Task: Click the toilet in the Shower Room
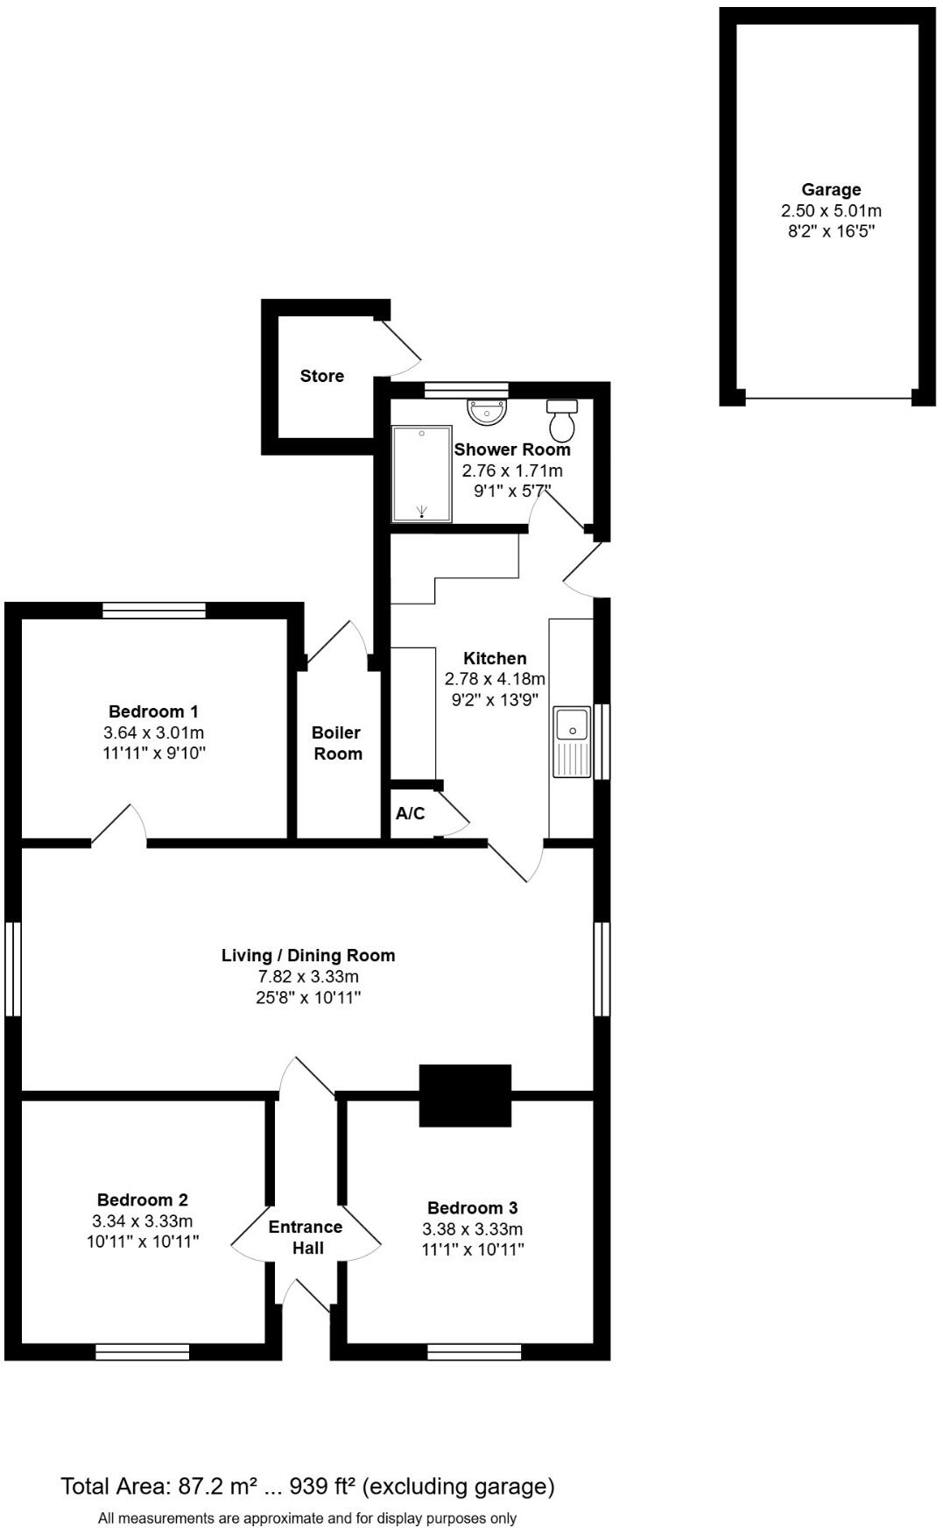pos(562,421)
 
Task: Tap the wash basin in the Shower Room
pos(486,411)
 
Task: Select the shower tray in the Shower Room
pos(421,473)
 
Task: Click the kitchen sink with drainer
pos(572,741)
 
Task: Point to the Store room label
pos(321,376)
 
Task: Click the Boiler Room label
pos(337,743)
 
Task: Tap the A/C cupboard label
pos(410,813)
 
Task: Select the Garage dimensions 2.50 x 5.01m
pos(831,211)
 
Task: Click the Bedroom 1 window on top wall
pos(154,611)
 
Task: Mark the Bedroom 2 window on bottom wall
pos(142,1352)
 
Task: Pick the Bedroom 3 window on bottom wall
pos(474,1352)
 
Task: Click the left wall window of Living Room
pos(12,968)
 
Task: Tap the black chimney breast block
pos(465,1095)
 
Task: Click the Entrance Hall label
pos(306,1237)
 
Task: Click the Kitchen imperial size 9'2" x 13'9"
pos(495,699)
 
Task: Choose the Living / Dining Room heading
pos(308,955)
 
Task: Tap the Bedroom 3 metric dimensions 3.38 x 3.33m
pos(473,1228)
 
